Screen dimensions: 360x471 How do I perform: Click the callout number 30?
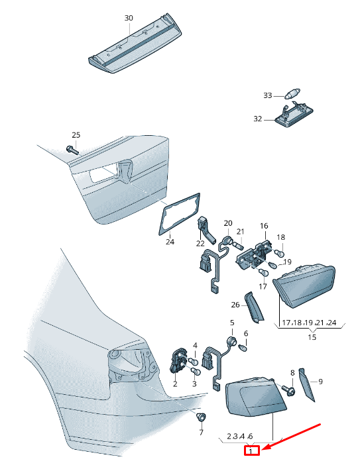(129, 18)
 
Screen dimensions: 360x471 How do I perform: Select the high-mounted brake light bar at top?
(135, 44)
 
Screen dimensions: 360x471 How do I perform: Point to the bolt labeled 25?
(72, 149)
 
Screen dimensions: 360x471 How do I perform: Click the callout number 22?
(200, 243)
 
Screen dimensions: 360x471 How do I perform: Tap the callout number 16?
(264, 226)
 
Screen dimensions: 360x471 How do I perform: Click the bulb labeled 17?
(263, 274)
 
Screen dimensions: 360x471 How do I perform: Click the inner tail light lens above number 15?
(304, 287)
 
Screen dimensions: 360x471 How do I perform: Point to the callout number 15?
(312, 337)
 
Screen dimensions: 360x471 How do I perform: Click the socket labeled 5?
(232, 342)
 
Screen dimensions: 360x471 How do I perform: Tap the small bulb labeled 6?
(244, 348)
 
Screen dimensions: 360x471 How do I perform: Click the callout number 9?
(320, 382)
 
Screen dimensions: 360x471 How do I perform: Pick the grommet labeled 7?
(201, 417)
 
